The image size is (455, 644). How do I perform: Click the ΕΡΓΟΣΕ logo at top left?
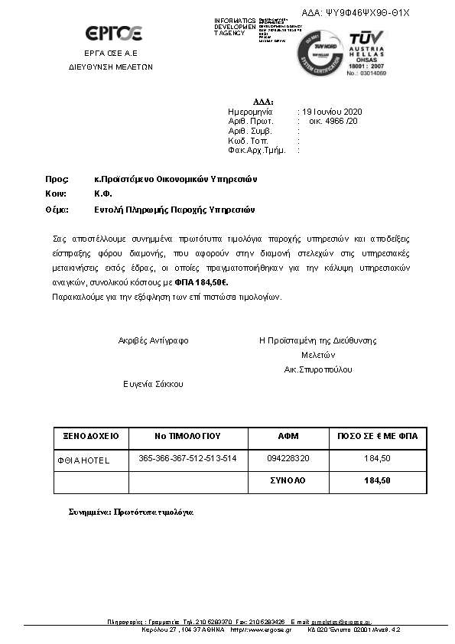click(x=113, y=34)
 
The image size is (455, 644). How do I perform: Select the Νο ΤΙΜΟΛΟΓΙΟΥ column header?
click(x=187, y=436)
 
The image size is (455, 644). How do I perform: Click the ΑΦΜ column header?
click(x=288, y=436)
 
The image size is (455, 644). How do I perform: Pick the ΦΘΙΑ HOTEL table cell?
click(x=84, y=460)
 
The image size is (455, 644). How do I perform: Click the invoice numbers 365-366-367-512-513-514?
click(x=187, y=458)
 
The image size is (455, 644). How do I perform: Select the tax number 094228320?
click(x=288, y=459)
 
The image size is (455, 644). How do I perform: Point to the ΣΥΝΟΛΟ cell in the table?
click(x=288, y=480)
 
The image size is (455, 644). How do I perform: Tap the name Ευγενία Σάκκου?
click(x=154, y=384)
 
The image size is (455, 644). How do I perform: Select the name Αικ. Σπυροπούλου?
click(x=318, y=369)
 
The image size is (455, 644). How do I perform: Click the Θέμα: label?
click(x=57, y=210)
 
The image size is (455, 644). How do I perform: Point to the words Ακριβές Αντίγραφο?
click(x=153, y=340)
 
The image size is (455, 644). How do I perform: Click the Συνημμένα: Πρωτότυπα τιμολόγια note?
click(x=131, y=512)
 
